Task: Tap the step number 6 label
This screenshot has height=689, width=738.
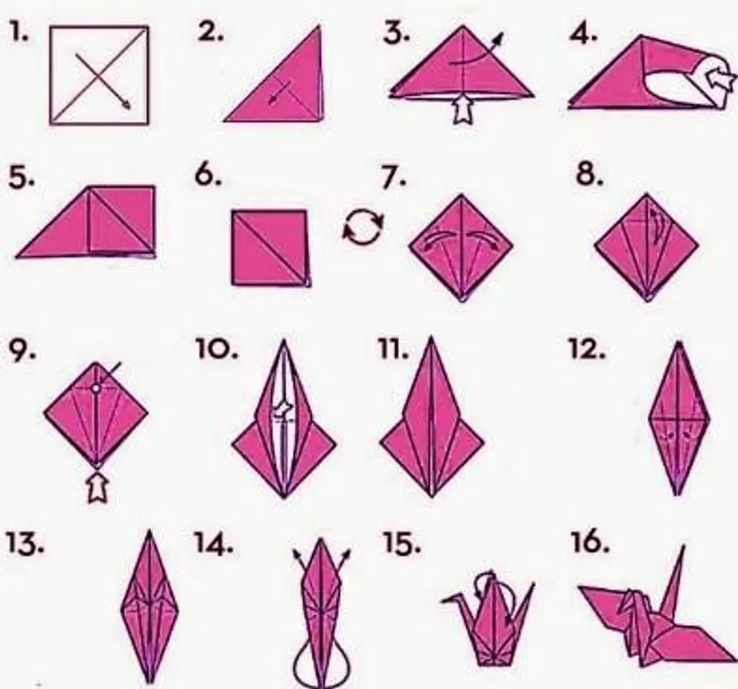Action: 207,176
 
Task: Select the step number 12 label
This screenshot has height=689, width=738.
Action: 587,349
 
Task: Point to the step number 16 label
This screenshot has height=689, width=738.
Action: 589,542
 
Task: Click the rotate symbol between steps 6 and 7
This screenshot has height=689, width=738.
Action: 363,227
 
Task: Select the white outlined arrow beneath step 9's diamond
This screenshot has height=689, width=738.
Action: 97,488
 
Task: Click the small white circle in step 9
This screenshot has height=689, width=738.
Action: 96,389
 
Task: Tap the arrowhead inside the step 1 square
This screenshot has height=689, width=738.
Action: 126,104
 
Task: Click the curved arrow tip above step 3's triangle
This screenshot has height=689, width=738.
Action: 501,37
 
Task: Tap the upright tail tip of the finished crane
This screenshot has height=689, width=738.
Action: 683,547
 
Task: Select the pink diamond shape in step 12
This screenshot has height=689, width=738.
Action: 678,418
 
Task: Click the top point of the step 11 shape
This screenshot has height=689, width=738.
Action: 431,337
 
